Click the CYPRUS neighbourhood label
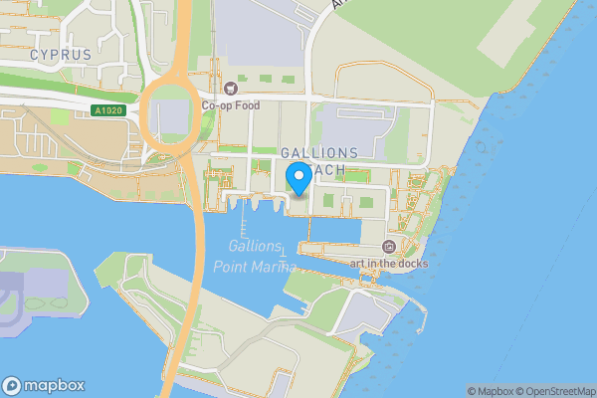pyautogui.click(x=60, y=54)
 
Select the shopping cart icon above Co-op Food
pyautogui.click(x=231, y=88)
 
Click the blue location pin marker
pyautogui.click(x=298, y=180)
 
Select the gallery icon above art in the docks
pyautogui.click(x=389, y=246)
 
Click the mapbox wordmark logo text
pyautogui.click(x=55, y=385)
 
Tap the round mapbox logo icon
pyautogui.click(x=13, y=385)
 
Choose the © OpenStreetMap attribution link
pyautogui.click(x=554, y=391)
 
